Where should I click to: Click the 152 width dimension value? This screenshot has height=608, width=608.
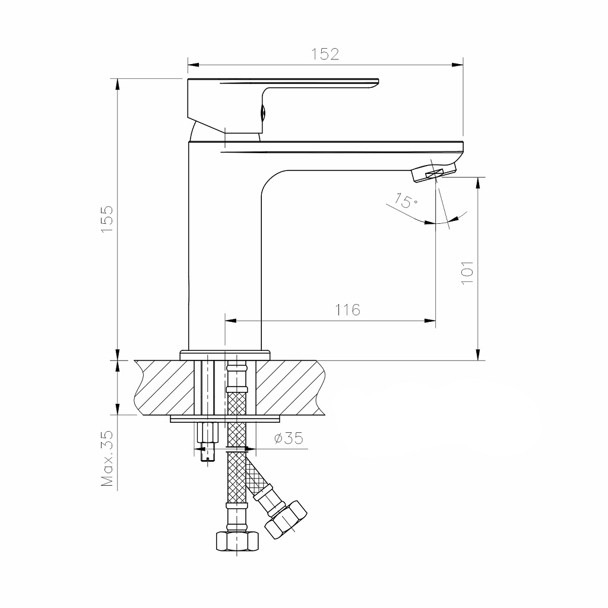click(x=325, y=54)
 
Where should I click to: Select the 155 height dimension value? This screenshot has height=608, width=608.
click(x=107, y=220)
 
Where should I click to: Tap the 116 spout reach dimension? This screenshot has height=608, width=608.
click(x=347, y=309)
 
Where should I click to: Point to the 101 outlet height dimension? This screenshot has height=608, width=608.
click(x=467, y=273)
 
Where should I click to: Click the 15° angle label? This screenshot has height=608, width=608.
click(x=406, y=201)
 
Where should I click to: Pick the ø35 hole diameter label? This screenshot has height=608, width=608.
click(x=289, y=439)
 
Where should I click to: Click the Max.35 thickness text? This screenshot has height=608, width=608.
click(x=107, y=458)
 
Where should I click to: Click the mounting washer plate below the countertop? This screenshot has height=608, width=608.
click(x=224, y=419)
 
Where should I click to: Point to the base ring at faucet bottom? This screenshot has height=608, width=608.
click(x=225, y=354)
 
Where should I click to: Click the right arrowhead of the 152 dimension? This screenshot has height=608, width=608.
click(x=458, y=64)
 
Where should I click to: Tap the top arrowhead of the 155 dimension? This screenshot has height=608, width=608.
click(x=118, y=84)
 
